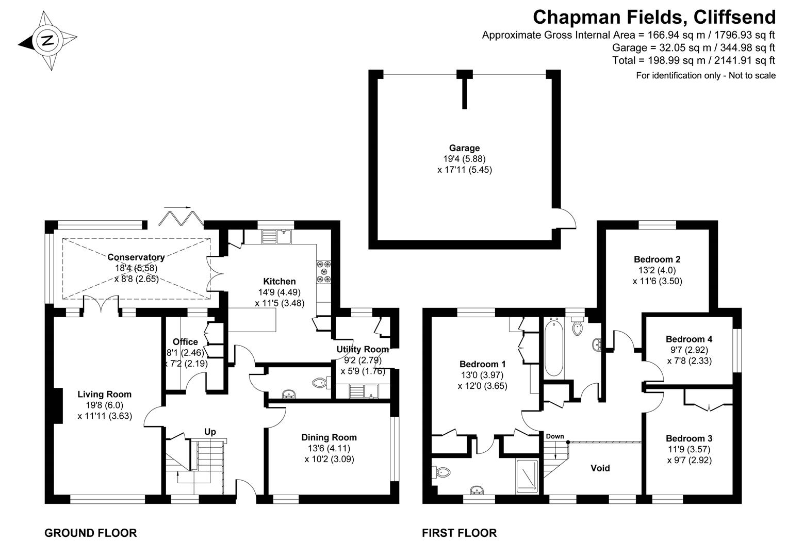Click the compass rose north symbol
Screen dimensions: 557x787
coord(47,40)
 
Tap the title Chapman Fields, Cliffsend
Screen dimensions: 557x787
coord(653,17)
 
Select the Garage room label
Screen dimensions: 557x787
coord(464,148)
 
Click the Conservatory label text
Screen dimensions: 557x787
coord(136,257)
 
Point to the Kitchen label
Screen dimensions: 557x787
coord(280,281)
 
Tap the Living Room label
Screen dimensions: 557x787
coord(104,394)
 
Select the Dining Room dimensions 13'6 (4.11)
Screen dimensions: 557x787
coord(329,448)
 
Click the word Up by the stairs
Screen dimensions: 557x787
coord(210,432)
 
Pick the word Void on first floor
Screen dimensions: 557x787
coord(600,468)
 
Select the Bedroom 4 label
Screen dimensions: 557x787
coord(688,339)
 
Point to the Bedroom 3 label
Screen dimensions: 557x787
coord(688,438)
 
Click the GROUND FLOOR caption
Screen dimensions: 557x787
coord(91,533)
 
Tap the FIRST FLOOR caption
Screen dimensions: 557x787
coord(459,533)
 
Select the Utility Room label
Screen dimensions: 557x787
coord(362,349)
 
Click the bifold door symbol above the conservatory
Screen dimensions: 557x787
coord(178,217)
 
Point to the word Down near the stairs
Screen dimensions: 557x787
coord(555,436)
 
